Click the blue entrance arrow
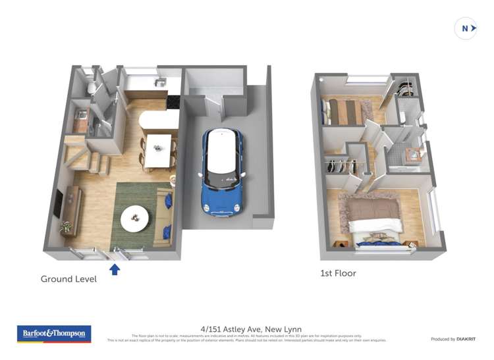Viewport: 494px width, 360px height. (115, 269)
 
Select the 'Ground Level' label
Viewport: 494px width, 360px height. (69, 279)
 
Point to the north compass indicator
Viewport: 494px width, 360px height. (466, 28)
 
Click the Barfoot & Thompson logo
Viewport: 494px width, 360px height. (54, 334)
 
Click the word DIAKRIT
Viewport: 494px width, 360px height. (466, 339)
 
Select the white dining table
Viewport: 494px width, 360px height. (158, 150)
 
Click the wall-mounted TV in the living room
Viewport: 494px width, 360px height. (58, 203)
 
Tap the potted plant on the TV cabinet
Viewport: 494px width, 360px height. (65, 228)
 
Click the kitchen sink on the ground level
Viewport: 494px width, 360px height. (159, 82)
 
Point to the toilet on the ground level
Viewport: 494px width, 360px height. (90, 85)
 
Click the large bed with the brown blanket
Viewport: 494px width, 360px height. (374, 220)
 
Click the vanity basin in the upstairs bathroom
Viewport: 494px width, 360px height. (415, 156)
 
